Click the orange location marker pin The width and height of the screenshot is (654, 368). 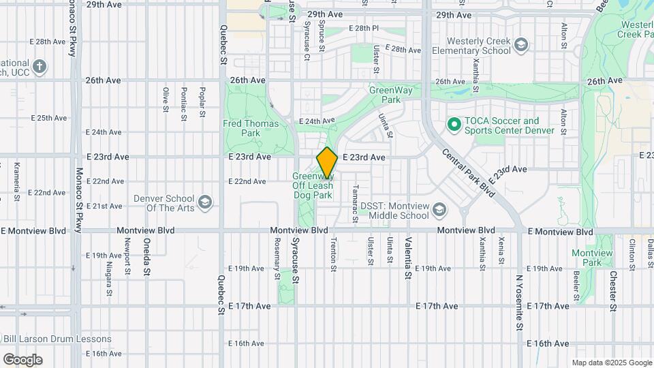click(327, 163)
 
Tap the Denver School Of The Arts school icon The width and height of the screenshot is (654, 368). click(204, 202)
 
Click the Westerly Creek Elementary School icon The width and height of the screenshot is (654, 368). click(520, 45)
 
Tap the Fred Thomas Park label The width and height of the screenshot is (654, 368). click(251, 128)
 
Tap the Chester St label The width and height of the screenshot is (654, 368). click(613, 292)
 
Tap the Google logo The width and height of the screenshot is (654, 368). click(22, 360)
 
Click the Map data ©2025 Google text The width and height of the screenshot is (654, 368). click(611, 363)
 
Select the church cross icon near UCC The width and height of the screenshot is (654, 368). click(40, 66)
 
